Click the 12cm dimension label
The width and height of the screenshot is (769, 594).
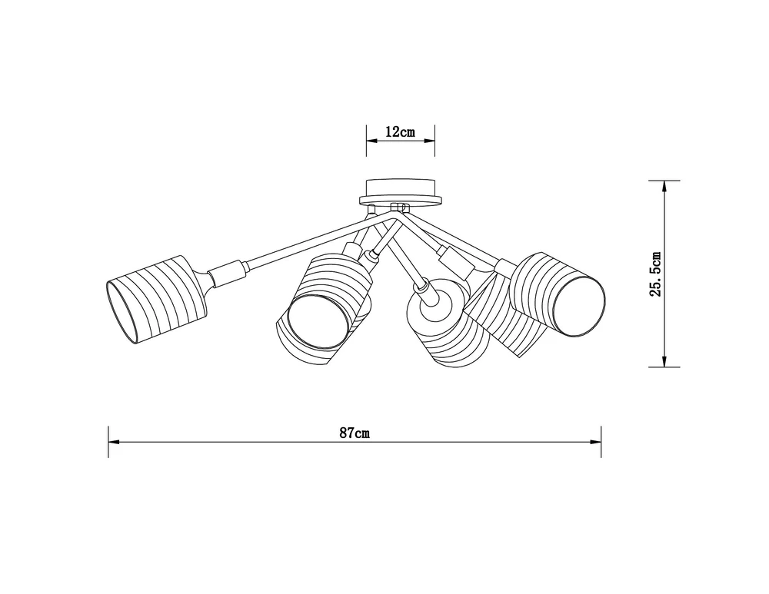tap(400, 132)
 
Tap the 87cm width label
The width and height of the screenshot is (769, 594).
tap(355, 433)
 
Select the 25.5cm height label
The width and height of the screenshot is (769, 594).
tap(656, 274)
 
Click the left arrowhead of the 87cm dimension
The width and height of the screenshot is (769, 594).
tap(114, 442)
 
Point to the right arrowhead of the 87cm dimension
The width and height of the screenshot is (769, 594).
tap(596, 442)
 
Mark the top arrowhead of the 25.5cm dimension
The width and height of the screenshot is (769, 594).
tap(664, 186)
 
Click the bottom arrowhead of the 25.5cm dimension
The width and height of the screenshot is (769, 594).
tap(664, 360)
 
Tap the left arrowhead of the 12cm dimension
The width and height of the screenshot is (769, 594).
tap(371, 141)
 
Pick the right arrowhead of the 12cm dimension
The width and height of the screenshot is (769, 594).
tap(429, 141)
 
